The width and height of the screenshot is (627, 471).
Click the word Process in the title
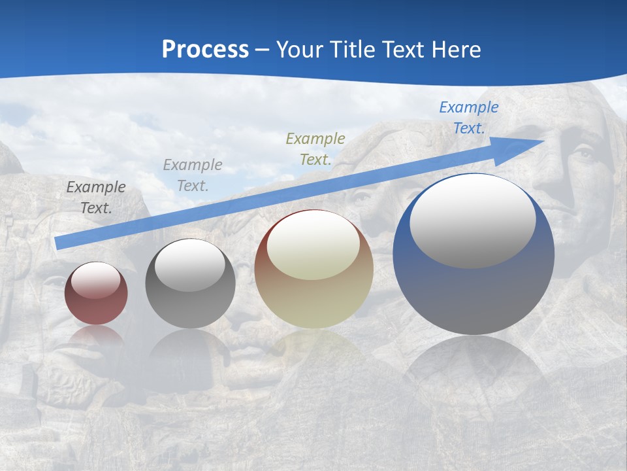pyautogui.click(x=205, y=50)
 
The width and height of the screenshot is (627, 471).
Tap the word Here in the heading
pyautogui.click(x=456, y=50)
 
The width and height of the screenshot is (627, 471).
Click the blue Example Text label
pyautogui.click(x=468, y=118)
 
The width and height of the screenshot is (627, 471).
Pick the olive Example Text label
pyautogui.click(x=315, y=148)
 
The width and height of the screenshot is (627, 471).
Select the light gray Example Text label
pyautogui.click(x=193, y=175)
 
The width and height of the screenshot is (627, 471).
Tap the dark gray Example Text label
pyautogui.click(x=96, y=198)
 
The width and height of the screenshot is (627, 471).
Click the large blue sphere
pyautogui.click(x=474, y=294)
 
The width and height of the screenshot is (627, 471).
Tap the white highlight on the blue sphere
pyautogui.click(x=472, y=221)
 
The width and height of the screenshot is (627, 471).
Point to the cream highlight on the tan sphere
pyautogui.click(x=313, y=245)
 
